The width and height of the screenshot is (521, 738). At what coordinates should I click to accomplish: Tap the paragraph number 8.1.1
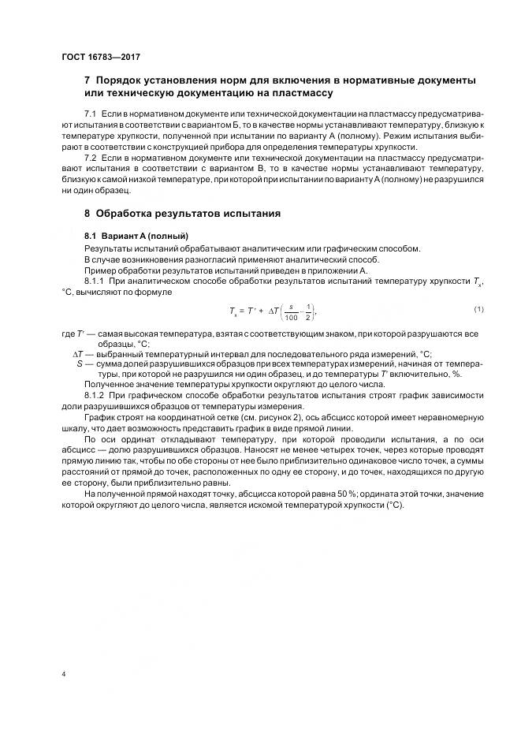click(x=96, y=281)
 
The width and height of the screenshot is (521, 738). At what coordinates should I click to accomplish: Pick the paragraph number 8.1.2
click(x=96, y=392)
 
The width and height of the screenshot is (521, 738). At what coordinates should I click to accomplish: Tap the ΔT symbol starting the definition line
click(x=78, y=353)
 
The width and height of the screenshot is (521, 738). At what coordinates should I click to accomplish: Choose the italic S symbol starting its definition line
click(x=80, y=363)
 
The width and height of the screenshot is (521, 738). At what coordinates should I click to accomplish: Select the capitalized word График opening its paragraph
click(x=99, y=413)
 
